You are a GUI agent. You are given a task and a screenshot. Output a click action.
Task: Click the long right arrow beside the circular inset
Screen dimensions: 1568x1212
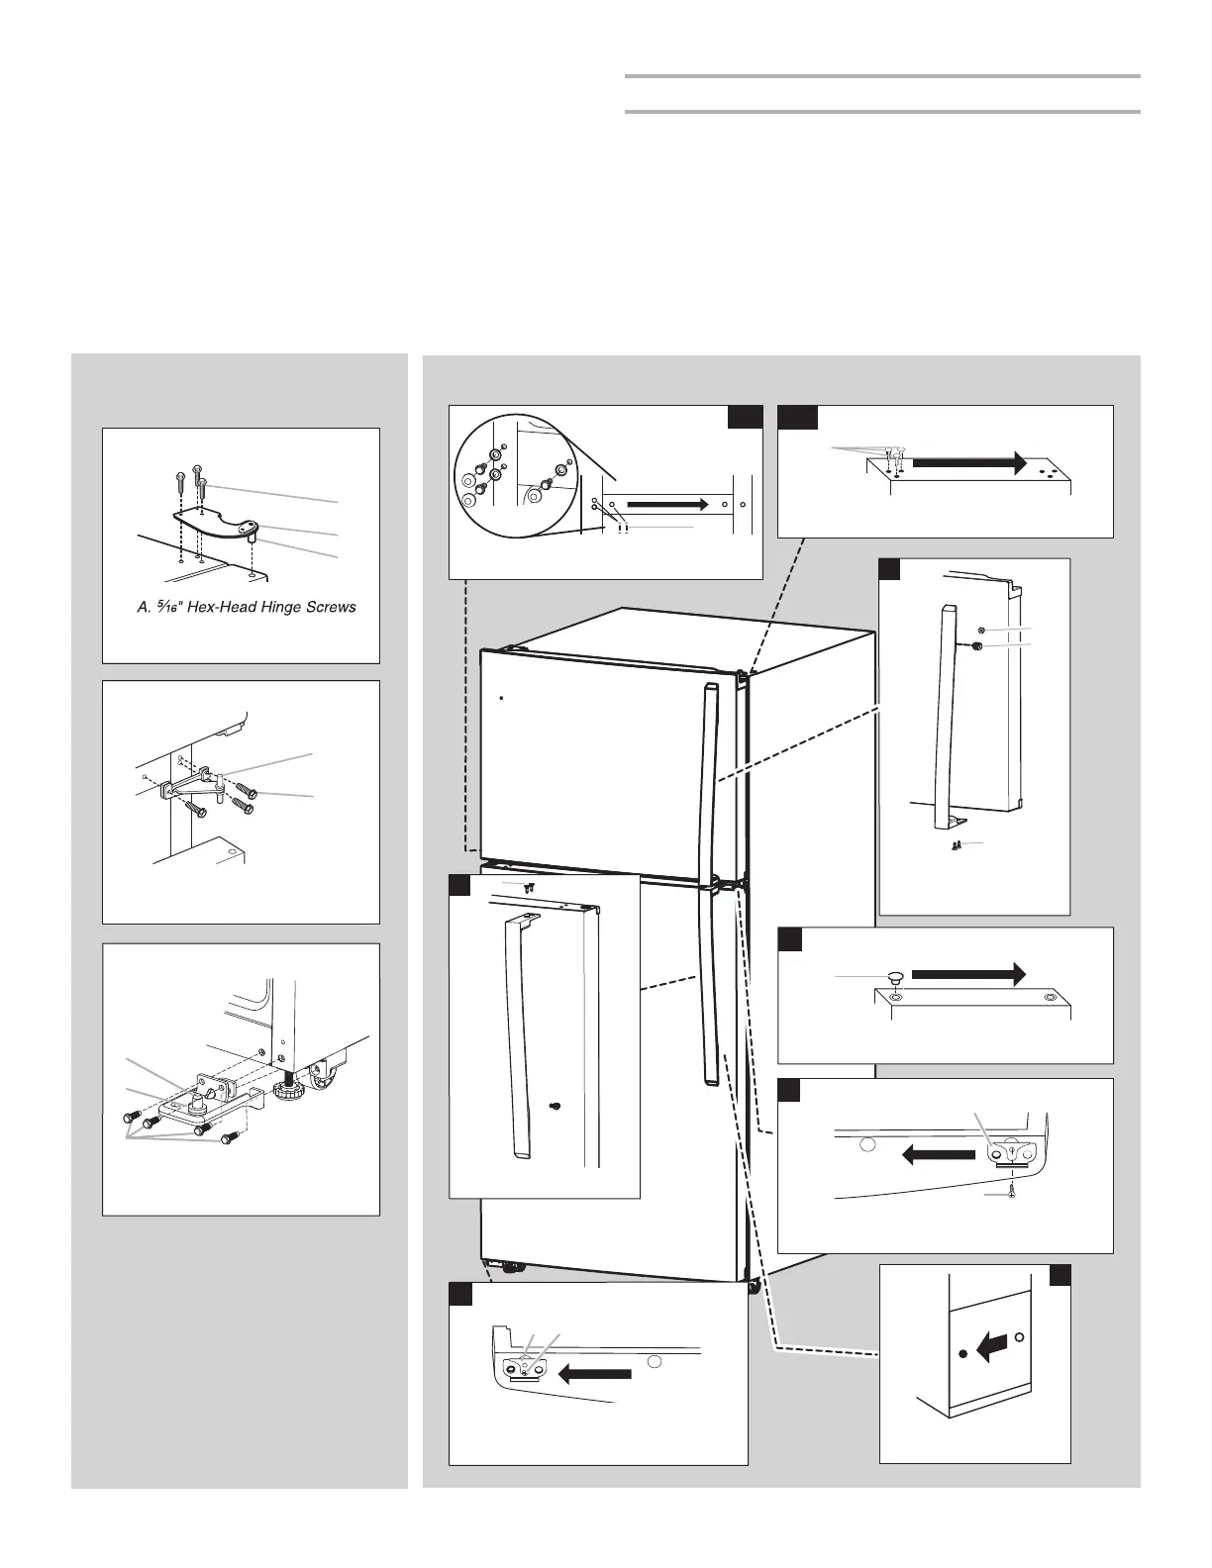point(668,504)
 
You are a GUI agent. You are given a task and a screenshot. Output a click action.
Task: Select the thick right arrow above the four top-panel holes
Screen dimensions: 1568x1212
point(968,463)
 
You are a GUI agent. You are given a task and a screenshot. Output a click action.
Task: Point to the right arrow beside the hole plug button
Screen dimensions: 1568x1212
point(968,974)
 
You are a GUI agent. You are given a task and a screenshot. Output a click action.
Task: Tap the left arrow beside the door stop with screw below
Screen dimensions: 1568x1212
point(934,1153)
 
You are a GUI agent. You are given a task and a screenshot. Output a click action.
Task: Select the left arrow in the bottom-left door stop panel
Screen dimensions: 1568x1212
point(595,1373)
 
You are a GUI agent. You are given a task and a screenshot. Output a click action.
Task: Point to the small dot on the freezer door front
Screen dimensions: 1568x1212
point(502,698)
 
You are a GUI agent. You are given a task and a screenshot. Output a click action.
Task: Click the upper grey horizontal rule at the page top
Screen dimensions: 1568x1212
point(882,76)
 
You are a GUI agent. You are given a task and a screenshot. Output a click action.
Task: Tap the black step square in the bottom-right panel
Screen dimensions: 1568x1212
point(1060,1275)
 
